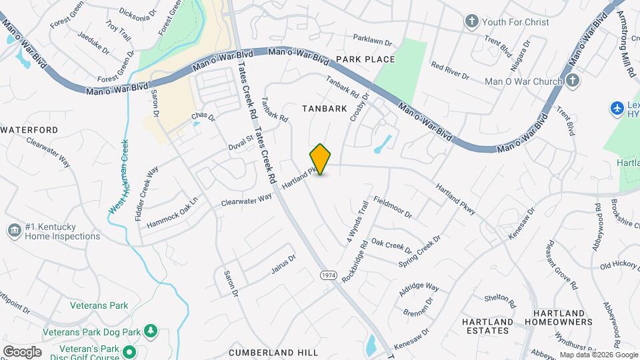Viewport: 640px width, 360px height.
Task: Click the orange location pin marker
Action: (x=321, y=159)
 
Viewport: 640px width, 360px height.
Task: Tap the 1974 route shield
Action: (x=327, y=275)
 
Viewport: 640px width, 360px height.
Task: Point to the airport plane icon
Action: (x=617, y=107)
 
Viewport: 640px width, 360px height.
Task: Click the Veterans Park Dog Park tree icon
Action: (x=151, y=331)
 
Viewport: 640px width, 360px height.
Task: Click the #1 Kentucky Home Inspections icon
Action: (x=14, y=231)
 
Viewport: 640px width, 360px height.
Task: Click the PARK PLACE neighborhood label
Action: (x=365, y=59)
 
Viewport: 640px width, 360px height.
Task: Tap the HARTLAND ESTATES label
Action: (x=488, y=327)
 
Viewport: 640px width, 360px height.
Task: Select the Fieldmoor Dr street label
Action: (x=393, y=207)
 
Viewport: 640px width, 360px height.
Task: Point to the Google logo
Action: (x=22, y=351)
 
